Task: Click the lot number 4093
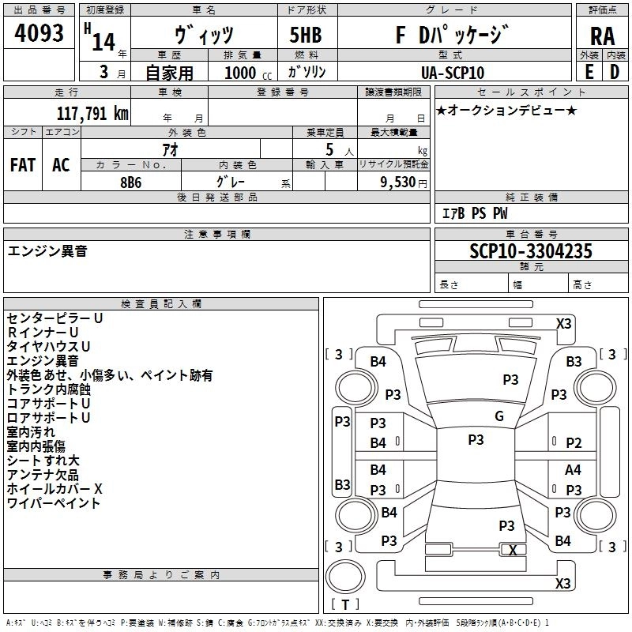coord(39,35)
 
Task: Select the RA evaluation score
coord(602,36)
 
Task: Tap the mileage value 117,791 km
coord(92,113)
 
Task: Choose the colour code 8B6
coord(131,181)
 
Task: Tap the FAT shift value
coord(22,165)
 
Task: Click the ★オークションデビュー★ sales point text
coord(506,111)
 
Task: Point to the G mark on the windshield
coord(498,416)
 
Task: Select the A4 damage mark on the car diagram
coord(574,469)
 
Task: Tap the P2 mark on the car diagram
coord(574,444)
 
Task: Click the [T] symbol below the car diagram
coord(345,604)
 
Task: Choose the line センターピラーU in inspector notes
coord(55,318)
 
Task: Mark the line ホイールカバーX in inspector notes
coord(55,488)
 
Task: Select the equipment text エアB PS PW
coord(474,213)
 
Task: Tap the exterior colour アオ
coord(169,149)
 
